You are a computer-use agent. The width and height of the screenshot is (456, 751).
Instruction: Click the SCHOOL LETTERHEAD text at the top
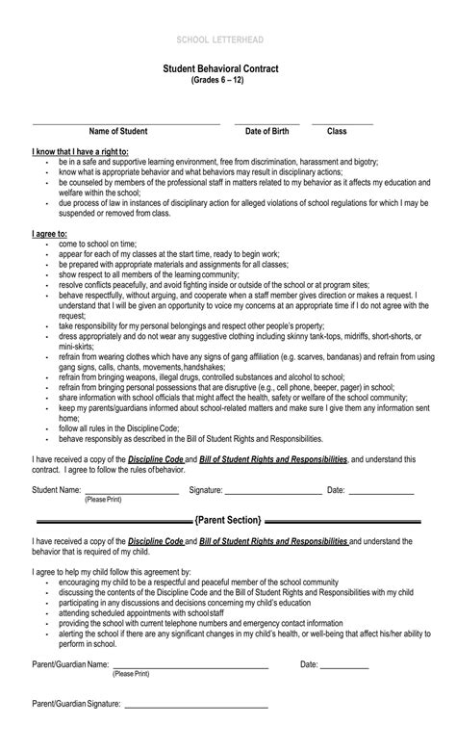[227, 38]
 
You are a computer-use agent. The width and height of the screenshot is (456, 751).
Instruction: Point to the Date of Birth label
[266, 131]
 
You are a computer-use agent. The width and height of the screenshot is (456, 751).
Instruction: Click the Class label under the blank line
[337, 131]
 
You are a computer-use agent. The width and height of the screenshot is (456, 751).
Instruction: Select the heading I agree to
[50, 233]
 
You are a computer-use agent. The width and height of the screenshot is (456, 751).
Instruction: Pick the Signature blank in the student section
[274, 492]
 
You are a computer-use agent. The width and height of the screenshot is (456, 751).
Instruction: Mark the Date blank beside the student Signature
[381, 492]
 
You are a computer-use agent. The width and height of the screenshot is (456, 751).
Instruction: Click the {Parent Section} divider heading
[228, 520]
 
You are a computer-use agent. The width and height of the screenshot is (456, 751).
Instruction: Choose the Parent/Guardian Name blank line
[190, 665]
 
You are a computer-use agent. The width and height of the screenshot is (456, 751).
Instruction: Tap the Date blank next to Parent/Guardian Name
[344, 665]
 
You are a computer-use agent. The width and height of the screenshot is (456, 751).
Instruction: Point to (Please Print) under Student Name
[103, 501]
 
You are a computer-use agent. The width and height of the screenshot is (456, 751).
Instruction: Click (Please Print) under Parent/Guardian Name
[132, 674]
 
